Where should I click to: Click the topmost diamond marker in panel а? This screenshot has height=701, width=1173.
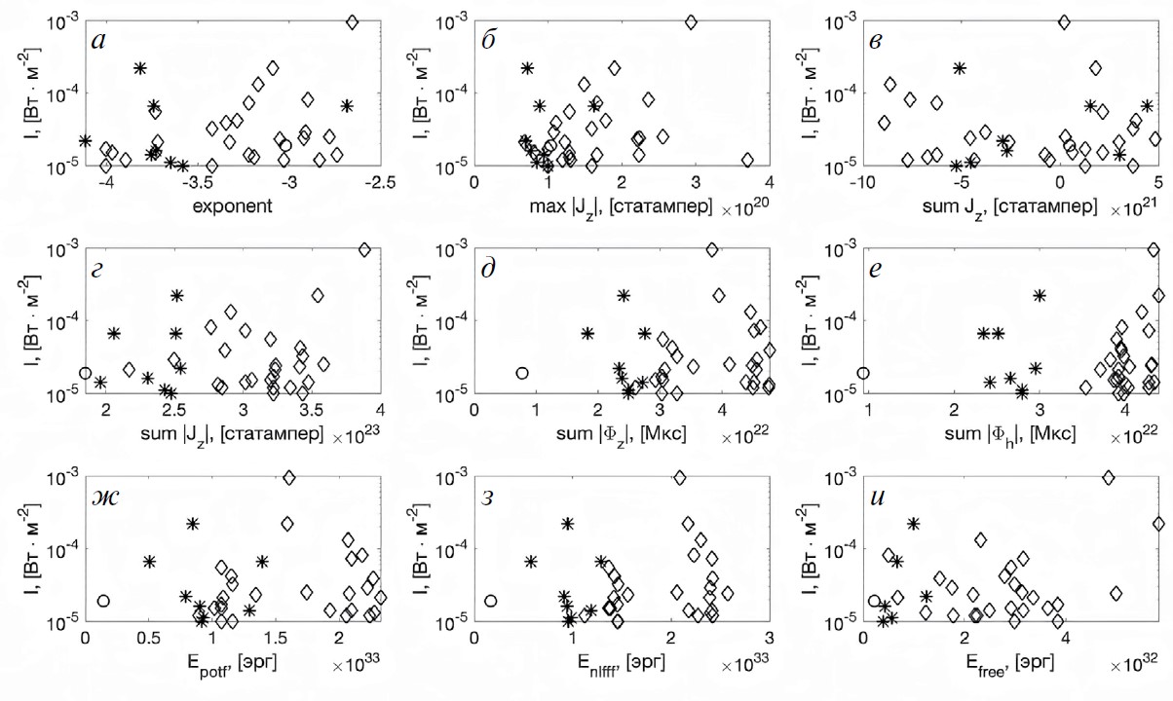(353, 21)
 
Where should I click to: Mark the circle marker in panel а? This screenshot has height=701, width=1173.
(285, 145)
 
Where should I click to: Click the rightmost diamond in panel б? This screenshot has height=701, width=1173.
(748, 160)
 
